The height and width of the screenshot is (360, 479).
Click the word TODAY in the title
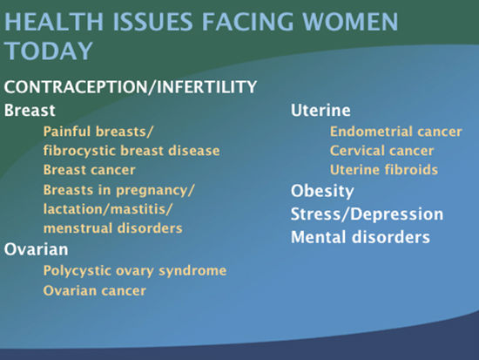tap(48, 51)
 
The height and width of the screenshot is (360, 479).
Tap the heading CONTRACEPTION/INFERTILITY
tap(131, 87)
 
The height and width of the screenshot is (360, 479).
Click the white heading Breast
tap(30, 110)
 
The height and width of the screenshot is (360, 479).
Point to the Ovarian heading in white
tap(36, 249)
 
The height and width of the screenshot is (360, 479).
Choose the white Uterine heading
tap(320, 110)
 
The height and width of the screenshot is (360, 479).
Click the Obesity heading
tap(322, 191)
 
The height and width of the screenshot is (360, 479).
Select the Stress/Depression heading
tap(367, 214)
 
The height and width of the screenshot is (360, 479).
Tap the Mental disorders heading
tap(361, 237)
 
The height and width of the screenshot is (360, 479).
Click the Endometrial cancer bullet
tap(396, 132)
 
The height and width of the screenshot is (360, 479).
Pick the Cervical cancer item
tap(381, 151)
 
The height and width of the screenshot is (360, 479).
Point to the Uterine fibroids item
tap(384, 170)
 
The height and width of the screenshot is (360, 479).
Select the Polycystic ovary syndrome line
tap(135, 271)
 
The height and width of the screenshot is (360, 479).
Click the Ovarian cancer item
tap(95, 290)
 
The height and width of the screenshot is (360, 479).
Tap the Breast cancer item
tap(89, 170)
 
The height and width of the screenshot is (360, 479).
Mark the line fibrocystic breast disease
tap(132, 151)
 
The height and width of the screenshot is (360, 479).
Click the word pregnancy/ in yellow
tap(155, 191)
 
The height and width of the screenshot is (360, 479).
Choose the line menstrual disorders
tap(112, 228)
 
